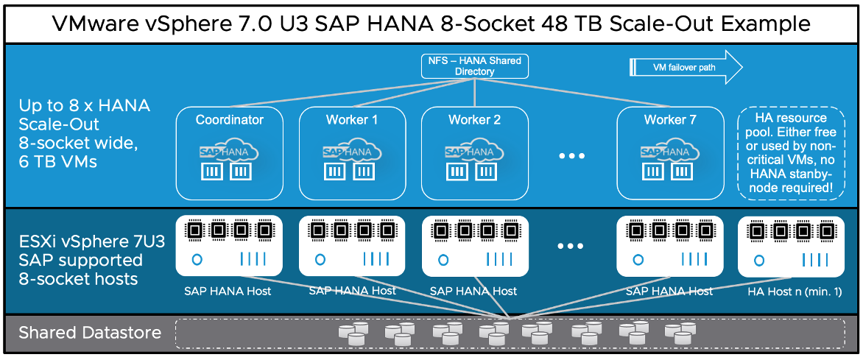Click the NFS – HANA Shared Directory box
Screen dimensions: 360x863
click(x=474, y=66)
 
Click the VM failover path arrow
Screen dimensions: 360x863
click(x=685, y=68)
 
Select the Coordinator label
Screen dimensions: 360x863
click(x=229, y=120)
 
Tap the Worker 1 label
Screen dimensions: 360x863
click(x=351, y=120)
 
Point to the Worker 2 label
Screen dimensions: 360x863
click(x=473, y=120)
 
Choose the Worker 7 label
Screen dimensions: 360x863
click(x=669, y=120)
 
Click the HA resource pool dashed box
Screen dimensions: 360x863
click(x=792, y=153)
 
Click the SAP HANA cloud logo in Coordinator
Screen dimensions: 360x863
click(x=229, y=151)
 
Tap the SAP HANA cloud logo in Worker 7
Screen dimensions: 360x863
click(x=669, y=151)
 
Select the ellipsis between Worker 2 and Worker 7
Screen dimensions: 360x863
click(x=571, y=157)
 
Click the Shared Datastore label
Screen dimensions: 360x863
click(x=90, y=333)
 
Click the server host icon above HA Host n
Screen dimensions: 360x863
click(x=792, y=246)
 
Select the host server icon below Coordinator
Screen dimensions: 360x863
click(x=229, y=246)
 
